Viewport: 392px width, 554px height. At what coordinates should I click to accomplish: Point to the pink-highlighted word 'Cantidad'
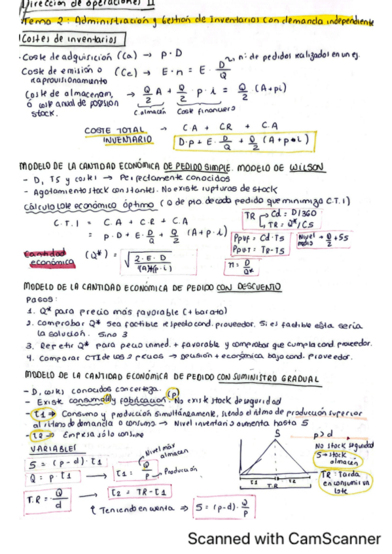point(46,253)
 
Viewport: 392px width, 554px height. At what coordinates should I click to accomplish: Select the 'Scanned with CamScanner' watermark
point(283,539)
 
